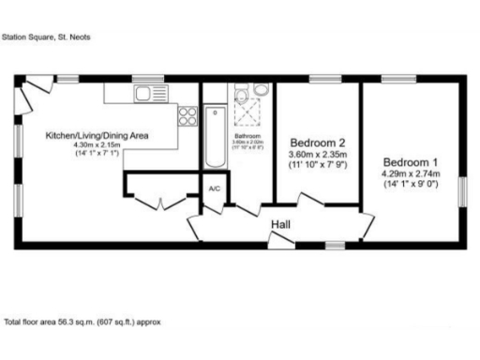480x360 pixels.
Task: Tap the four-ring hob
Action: tap(187, 116)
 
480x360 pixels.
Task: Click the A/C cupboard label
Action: tap(214, 189)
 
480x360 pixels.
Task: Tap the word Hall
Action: tap(280, 225)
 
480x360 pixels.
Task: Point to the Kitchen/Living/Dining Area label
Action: tap(98, 136)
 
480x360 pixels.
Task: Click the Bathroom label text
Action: tap(247, 136)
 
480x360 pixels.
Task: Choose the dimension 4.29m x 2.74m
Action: tap(410, 174)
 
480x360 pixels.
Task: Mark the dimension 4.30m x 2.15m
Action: tap(98, 146)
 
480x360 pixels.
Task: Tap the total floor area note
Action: tap(82, 321)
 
